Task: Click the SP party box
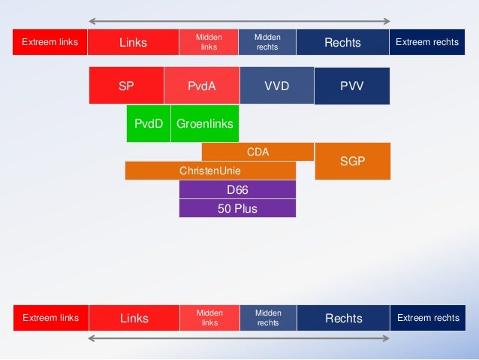click(x=126, y=86)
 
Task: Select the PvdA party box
click(x=201, y=86)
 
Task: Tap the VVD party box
click(x=276, y=86)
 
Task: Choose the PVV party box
click(x=351, y=86)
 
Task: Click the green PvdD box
click(x=148, y=124)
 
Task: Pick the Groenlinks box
click(x=204, y=124)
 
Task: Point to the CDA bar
click(x=258, y=152)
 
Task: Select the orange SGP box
click(x=352, y=161)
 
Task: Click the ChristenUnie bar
click(x=210, y=171)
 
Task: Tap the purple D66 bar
click(x=237, y=189)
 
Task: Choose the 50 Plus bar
click(x=237, y=208)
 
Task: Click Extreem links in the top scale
click(x=50, y=42)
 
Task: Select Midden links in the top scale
click(x=208, y=42)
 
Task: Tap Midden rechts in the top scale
click(x=267, y=42)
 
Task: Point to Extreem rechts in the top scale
click(x=427, y=42)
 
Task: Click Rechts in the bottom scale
click(x=343, y=319)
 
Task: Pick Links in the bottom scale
click(x=134, y=319)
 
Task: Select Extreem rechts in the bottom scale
click(x=428, y=319)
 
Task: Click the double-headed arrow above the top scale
click(x=239, y=20)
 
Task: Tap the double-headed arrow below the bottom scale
click(x=239, y=339)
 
